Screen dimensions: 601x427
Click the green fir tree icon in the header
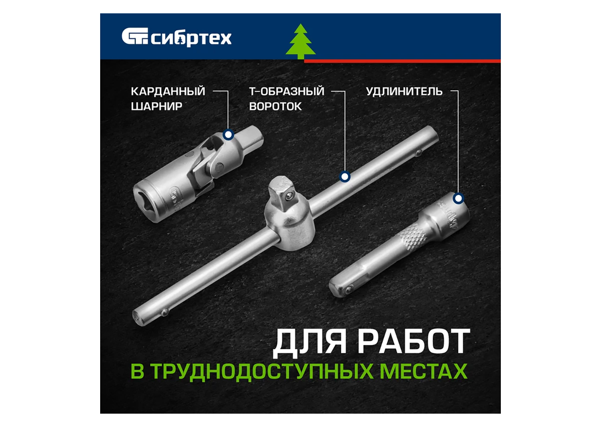point(300,42)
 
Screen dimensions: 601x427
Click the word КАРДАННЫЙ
point(168,91)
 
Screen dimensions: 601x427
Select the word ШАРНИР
point(157,106)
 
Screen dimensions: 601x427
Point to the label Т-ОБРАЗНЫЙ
point(287,91)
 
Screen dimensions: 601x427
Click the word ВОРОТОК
point(275,106)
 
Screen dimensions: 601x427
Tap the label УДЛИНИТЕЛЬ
point(404,91)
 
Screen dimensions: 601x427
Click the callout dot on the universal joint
point(228,135)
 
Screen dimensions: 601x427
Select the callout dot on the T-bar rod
point(345,177)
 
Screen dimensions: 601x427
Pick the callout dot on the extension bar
point(459,198)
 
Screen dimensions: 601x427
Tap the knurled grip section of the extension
point(412,237)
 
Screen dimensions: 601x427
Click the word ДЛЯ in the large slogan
point(309,343)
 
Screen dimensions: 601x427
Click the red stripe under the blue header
point(402,61)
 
